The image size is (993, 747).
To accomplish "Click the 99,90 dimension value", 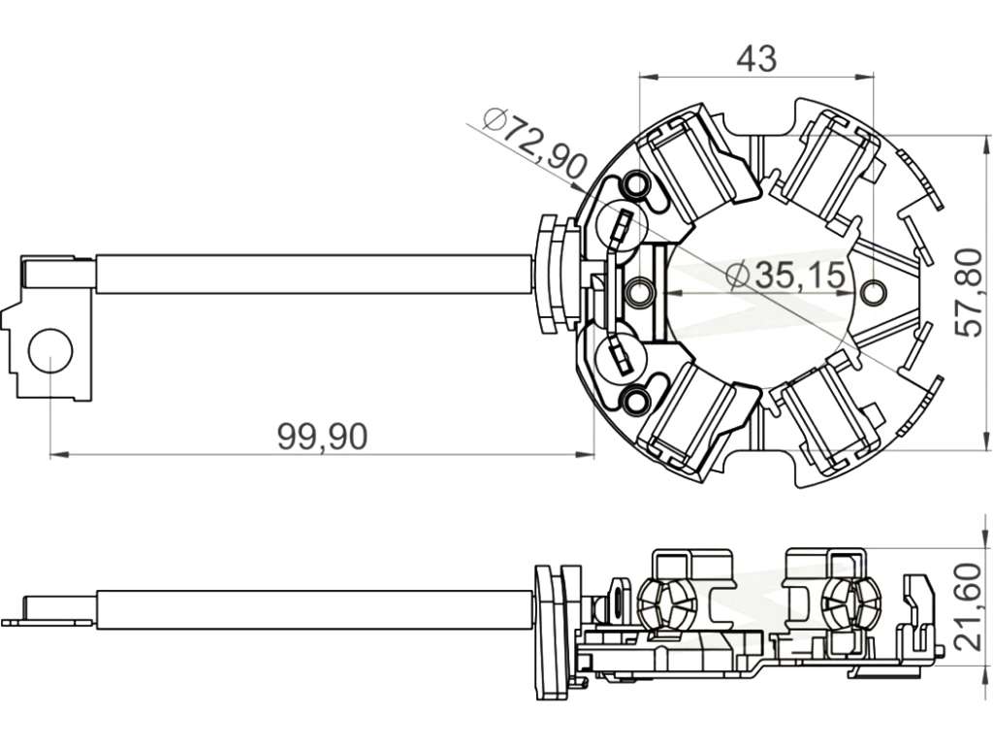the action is (322, 437).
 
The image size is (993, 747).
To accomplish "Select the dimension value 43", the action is (756, 59).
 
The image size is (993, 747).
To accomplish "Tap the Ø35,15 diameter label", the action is (785, 276).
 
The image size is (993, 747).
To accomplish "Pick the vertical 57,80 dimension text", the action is (970, 292).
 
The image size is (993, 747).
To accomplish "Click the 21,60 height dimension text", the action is (970, 606).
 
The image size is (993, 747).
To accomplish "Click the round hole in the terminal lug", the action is (50, 350).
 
